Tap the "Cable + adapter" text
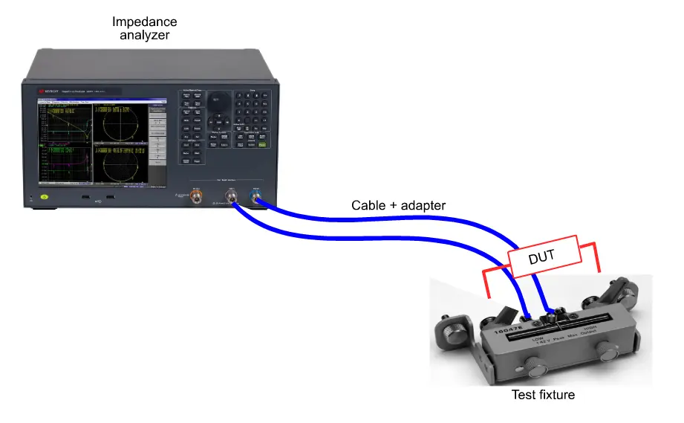coord(398,204)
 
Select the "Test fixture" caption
coord(543,395)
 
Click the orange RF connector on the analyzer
coord(196,197)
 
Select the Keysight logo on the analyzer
coord(49,91)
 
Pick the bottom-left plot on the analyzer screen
coord(63,163)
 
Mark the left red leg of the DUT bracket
coord(486,282)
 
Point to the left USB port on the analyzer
coord(86,198)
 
